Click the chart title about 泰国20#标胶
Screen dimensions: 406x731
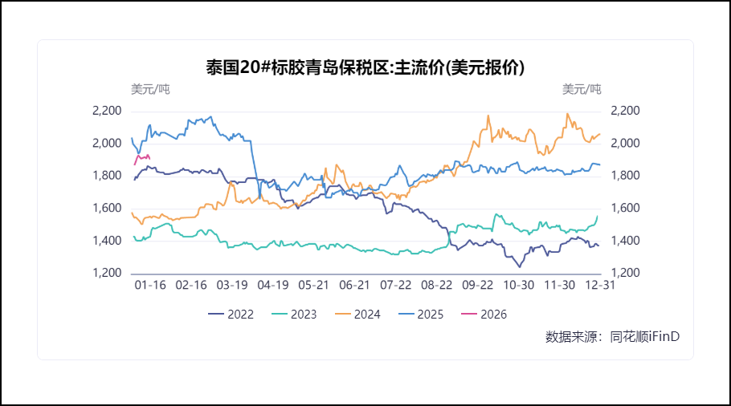click(365, 67)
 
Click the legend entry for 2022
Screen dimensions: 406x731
click(231, 315)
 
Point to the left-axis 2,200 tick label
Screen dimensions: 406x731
click(107, 111)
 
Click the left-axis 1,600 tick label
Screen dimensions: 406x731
click(107, 209)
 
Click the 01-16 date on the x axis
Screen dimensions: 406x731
click(149, 286)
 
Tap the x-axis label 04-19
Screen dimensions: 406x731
click(272, 286)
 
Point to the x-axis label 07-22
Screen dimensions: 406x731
click(395, 286)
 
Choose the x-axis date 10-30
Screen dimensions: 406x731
click(518, 286)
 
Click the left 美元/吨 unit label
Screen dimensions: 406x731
click(150, 88)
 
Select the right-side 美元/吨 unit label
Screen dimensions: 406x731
click(582, 88)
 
